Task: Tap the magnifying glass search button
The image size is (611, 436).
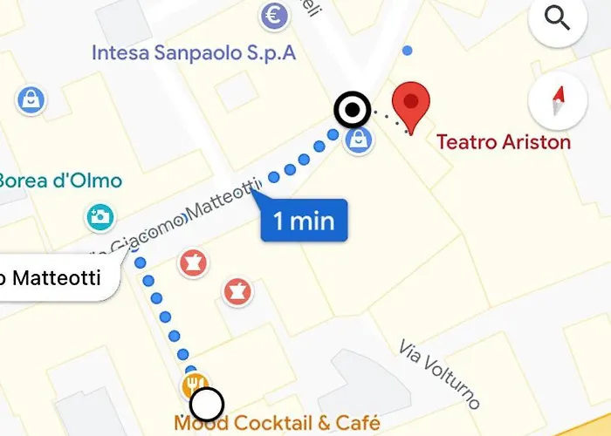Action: [x=558, y=18]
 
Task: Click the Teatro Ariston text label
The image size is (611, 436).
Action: [x=504, y=141]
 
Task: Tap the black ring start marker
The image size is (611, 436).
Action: [x=353, y=112]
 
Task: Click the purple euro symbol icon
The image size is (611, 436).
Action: [x=276, y=15]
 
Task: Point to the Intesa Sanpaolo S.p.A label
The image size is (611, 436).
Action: [x=194, y=53]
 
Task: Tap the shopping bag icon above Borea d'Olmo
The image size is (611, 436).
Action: [x=31, y=99]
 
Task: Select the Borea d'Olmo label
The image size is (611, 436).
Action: [x=59, y=181]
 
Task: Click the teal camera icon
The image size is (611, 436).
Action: [x=100, y=217]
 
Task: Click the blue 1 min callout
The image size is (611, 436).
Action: [x=304, y=220]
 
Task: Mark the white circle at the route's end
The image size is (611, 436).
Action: [x=207, y=405]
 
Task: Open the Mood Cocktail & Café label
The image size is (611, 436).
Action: [x=278, y=425]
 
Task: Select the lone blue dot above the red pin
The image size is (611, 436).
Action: [x=407, y=51]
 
